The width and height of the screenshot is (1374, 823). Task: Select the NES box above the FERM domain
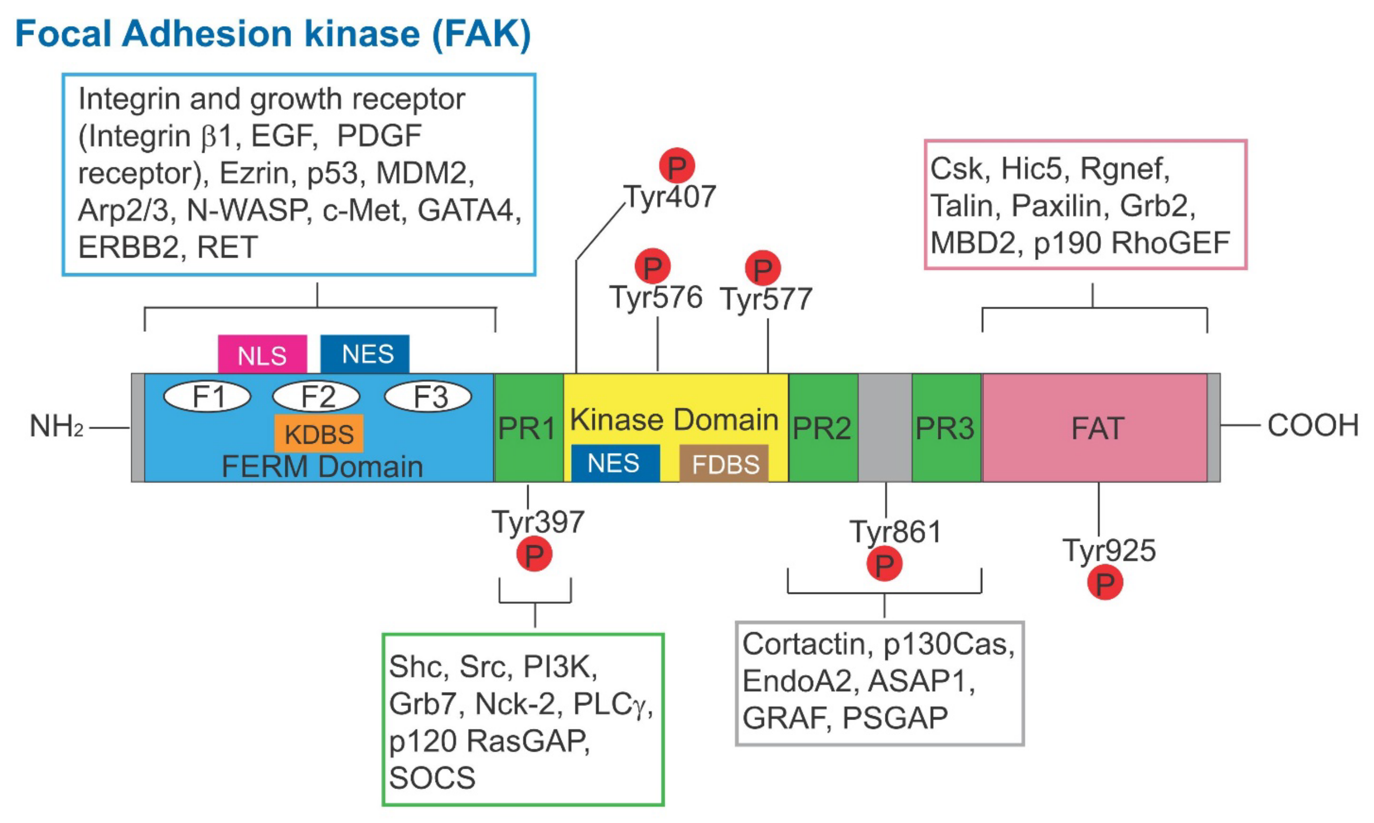coord(365,354)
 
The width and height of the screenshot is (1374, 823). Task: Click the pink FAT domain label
coord(1097,428)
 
